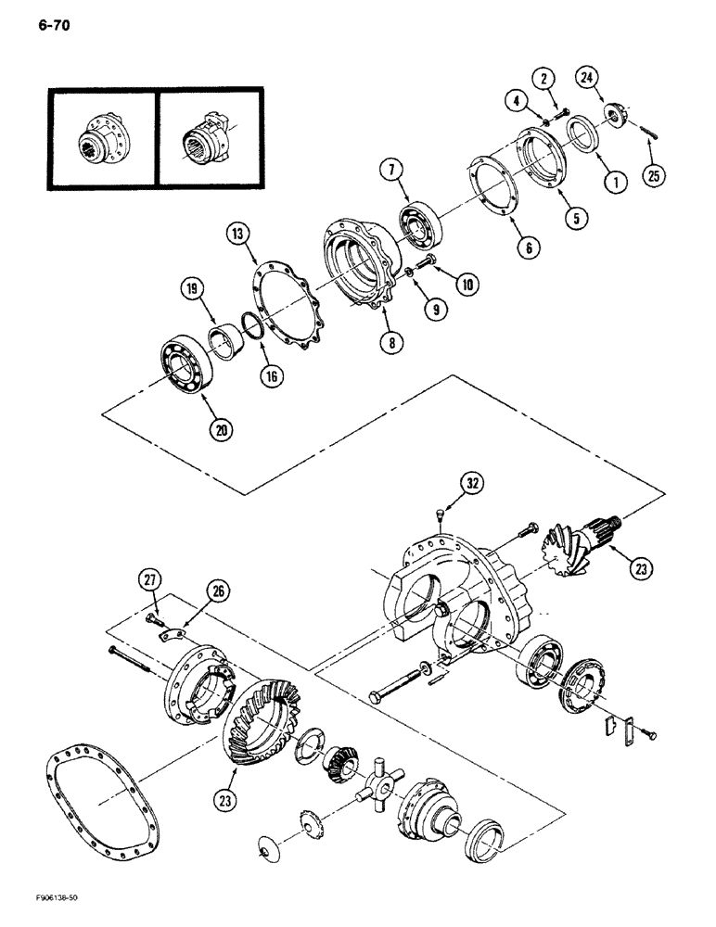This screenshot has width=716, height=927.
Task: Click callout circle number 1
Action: [x=611, y=184]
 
